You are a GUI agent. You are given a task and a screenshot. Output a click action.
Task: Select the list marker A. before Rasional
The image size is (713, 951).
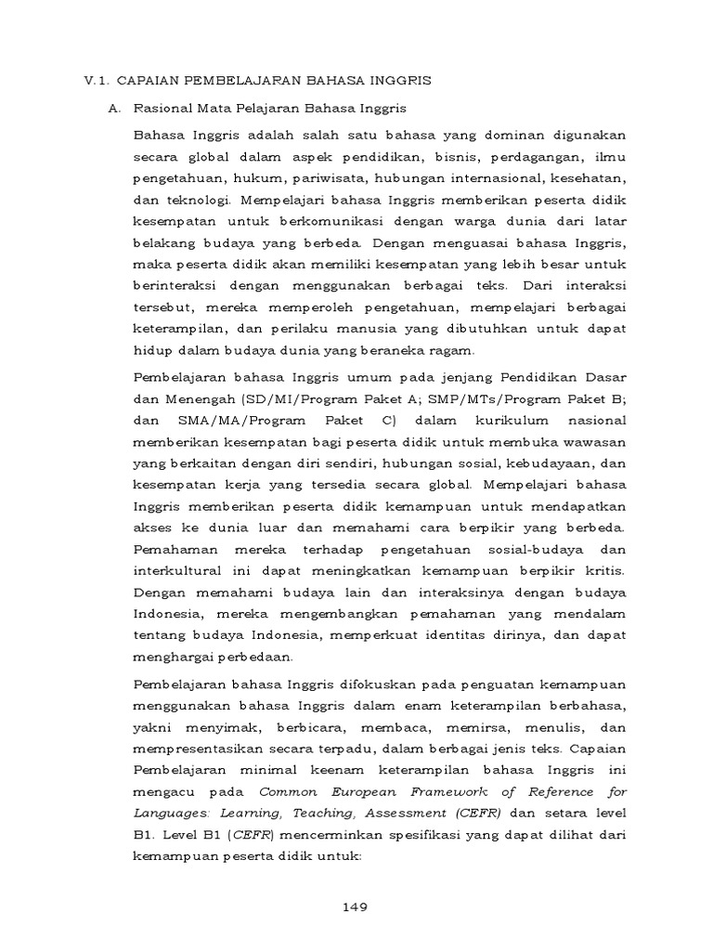114,109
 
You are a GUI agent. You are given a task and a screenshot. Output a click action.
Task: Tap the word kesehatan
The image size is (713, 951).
587,176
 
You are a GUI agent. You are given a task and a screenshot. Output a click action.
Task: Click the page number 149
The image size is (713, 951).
356,907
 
